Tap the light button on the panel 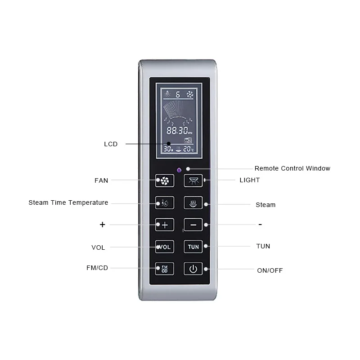tap(193, 180)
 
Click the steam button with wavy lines tap(193, 202)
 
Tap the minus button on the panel tap(193, 224)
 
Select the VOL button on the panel tap(165, 247)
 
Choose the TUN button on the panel tap(193, 247)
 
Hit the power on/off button tap(193, 269)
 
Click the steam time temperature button tap(165, 202)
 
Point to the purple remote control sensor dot tap(179, 170)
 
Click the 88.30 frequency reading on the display tap(178, 130)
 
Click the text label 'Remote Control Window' tap(292, 168)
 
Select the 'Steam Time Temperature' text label tap(68, 202)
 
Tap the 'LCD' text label tap(111, 144)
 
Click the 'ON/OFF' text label tap(270, 270)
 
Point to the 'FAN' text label tap(101, 180)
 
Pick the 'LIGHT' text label tap(250, 180)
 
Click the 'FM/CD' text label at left tap(97, 268)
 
